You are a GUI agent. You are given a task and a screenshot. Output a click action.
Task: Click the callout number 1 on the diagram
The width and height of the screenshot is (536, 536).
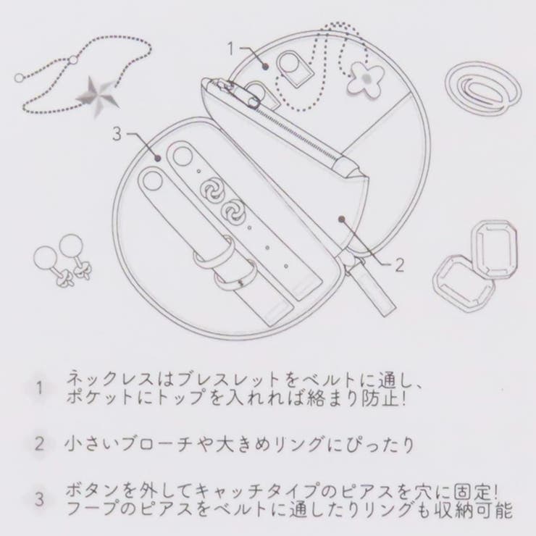point(232,49)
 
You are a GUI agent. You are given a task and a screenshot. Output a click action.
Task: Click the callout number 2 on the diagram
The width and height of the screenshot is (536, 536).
point(400,265)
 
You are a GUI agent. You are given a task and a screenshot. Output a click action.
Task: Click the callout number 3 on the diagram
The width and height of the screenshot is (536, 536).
point(117,134)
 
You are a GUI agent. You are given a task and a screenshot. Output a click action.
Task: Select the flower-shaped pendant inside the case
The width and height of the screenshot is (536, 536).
point(366,79)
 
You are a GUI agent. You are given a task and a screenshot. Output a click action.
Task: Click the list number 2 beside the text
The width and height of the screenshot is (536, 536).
point(40,444)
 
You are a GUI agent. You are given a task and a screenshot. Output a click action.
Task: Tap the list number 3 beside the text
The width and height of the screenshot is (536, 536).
point(40,500)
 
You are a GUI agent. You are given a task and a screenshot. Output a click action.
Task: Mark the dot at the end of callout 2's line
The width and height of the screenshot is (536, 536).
point(340,218)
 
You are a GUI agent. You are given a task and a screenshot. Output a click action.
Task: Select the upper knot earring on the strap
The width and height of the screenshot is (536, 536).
point(212,192)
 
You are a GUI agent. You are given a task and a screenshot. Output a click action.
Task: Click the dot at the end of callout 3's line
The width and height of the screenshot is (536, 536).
point(158,158)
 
